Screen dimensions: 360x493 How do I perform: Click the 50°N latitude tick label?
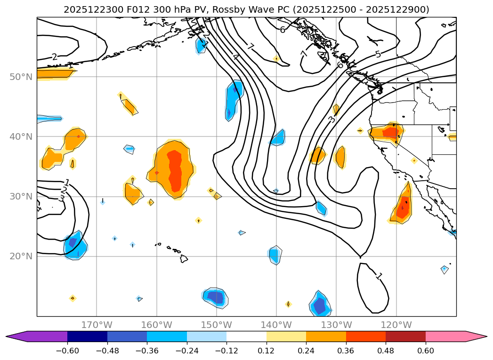point(21,77)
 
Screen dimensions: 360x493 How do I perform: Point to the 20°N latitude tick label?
point(21,256)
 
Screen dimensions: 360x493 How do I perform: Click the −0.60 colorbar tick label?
point(67,351)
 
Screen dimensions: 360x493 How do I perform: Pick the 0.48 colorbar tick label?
point(386,351)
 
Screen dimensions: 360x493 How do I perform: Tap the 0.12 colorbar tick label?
point(266,351)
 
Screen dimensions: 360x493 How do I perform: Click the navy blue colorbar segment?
point(87,336)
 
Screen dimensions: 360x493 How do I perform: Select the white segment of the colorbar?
point(246,336)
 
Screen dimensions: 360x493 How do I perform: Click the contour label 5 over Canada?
point(378,55)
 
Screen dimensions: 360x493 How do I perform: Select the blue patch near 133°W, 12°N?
point(320,304)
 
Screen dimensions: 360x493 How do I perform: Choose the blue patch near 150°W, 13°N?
point(215,297)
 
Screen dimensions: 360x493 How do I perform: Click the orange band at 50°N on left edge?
point(54,73)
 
